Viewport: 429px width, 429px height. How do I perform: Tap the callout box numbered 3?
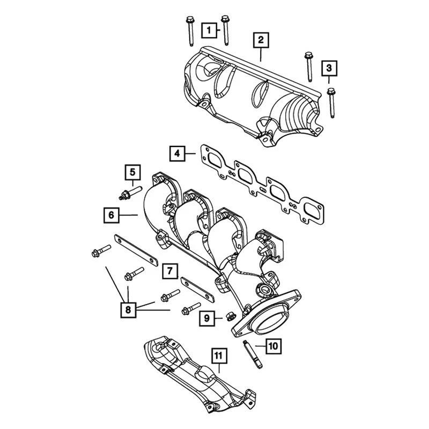(329, 68)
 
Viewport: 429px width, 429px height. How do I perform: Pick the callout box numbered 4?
(177, 154)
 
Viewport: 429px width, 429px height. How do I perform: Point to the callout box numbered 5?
(132, 172)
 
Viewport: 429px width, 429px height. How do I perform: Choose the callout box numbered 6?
(111, 216)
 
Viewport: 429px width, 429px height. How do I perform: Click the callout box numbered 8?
(129, 309)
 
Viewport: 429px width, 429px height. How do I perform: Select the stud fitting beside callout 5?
(129, 191)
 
